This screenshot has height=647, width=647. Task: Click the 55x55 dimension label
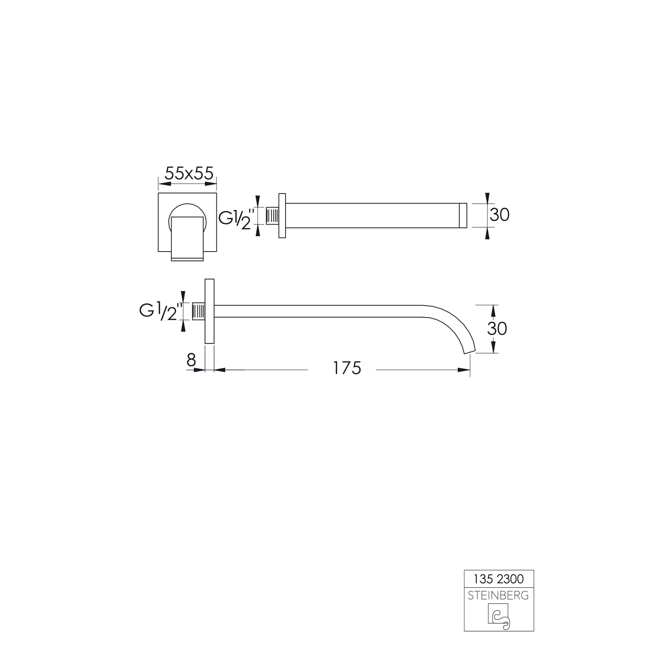point(189,173)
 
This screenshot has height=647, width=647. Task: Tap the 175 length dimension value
point(347,368)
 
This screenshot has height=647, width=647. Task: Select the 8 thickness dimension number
point(191,360)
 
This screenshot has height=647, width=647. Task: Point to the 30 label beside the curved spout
point(497,329)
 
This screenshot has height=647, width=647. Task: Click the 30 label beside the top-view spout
point(500,215)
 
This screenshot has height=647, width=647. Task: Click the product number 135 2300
point(499,579)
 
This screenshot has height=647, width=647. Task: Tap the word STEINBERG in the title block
point(498,595)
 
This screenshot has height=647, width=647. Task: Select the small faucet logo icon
point(499,617)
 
